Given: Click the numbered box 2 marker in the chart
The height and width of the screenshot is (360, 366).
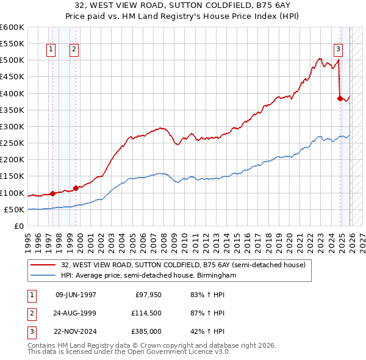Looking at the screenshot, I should [x=74, y=50].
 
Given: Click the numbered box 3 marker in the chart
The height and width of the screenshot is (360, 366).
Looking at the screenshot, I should [x=338, y=50].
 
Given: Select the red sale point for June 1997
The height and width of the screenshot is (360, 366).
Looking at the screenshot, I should [x=52, y=193].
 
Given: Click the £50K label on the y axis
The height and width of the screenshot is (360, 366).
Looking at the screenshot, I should [x=15, y=210].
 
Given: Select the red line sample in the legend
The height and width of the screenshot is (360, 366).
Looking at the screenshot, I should [x=44, y=265].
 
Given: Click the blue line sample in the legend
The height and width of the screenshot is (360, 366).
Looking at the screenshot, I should [x=44, y=276].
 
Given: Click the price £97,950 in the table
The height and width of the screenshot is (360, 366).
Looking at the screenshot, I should [x=147, y=295].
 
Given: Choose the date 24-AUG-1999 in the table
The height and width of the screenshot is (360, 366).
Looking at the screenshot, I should [x=76, y=313].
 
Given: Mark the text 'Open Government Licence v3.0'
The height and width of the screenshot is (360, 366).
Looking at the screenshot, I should [x=173, y=352].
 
